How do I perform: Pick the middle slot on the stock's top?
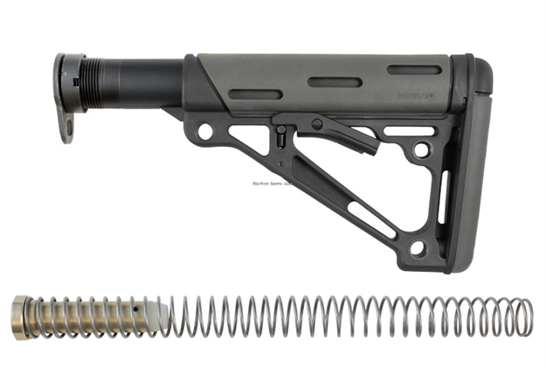coord(334,83)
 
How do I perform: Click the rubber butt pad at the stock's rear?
coord(473,166)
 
